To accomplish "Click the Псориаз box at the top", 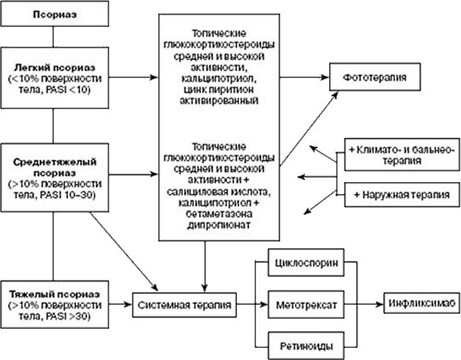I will (54, 13).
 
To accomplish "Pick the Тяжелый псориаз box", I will (54, 305).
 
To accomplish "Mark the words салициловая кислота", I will (219, 193).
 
